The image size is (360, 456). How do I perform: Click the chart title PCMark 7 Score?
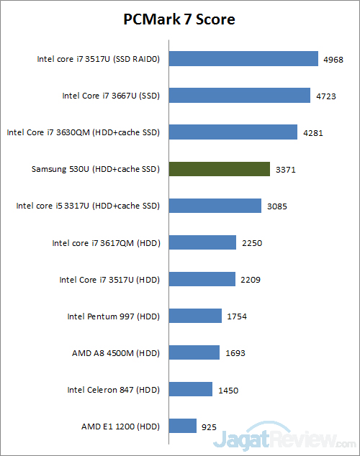coord(179,19)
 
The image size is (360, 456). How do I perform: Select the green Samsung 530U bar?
coord(219,169)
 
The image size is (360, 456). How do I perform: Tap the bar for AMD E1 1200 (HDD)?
coord(183,426)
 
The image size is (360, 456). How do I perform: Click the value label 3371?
coord(285,170)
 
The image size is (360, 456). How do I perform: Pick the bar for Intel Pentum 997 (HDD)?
coord(195,316)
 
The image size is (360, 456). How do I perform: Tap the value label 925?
coord(209,427)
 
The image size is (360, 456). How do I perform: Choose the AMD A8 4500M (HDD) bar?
coord(194,353)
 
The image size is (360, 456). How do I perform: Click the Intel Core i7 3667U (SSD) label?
coord(110,96)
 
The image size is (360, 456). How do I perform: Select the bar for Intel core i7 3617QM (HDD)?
coord(202,242)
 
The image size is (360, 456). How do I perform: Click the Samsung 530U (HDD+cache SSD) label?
coord(95,169)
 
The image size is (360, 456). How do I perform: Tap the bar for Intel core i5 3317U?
coord(215,206)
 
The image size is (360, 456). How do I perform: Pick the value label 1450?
coord(228,390)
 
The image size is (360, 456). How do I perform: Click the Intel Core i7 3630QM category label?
coord(83,132)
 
